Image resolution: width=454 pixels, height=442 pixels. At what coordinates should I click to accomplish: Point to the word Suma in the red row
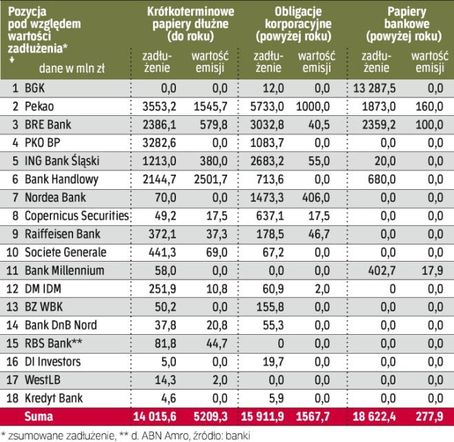(38, 416)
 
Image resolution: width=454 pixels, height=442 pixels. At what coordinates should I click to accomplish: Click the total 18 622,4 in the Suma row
(377, 416)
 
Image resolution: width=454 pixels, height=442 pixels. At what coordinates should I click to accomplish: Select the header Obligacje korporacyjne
(295, 24)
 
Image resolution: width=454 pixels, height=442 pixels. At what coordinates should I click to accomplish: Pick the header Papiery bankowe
(404, 24)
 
